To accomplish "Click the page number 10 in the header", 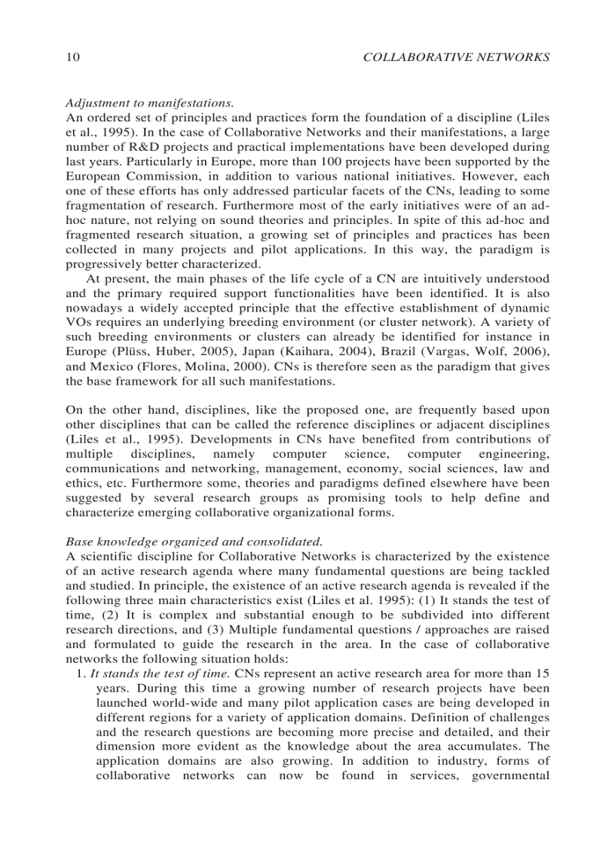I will point(72,57).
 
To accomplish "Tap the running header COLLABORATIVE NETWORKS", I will point(456,57).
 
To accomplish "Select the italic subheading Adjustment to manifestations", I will point(149,103).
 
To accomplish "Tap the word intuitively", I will point(458,278).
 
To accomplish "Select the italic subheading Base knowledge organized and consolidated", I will point(194,542).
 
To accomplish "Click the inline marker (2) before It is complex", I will point(75,615).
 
